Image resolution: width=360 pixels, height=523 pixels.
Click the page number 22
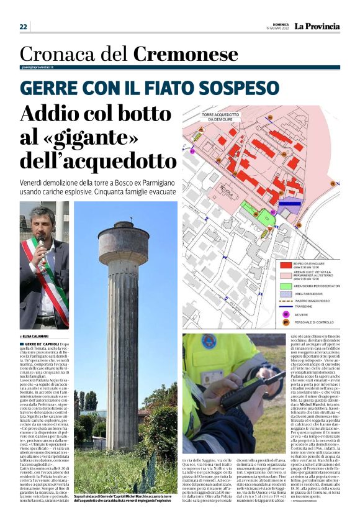tap(24, 27)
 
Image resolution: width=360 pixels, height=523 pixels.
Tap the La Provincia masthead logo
tap(317, 27)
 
